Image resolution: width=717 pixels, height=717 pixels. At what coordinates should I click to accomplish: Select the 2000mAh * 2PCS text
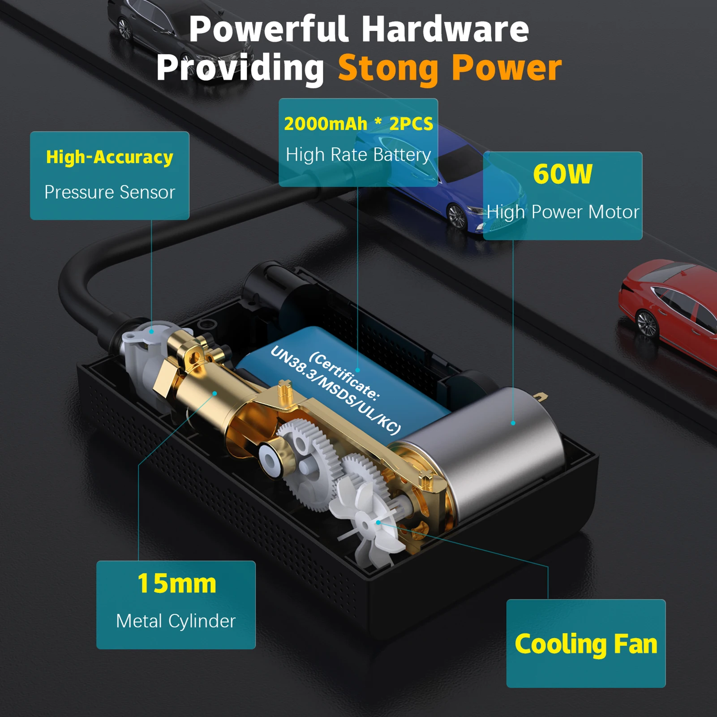point(358,124)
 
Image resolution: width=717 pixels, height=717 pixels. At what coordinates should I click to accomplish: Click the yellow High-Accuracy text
point(110,157)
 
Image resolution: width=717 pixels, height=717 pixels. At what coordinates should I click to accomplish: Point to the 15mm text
point(176,584)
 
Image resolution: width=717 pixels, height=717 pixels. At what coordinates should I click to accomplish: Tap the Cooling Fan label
point(586,644)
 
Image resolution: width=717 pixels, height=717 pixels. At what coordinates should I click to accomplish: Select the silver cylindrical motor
point(484,452)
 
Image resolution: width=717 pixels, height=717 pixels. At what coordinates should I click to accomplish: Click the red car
point(667,309)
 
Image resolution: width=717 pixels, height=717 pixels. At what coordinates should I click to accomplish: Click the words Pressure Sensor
point(110,192)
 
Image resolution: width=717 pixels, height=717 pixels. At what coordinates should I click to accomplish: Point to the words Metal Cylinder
point(176,621)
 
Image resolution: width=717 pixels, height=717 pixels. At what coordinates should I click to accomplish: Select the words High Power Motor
point(563,212)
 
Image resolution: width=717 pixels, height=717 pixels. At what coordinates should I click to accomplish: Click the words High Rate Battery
point(358,155)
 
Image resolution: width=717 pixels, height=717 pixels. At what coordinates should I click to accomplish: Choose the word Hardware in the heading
point(445,29)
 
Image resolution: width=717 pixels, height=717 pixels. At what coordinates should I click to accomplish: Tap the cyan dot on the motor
point(513,423)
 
